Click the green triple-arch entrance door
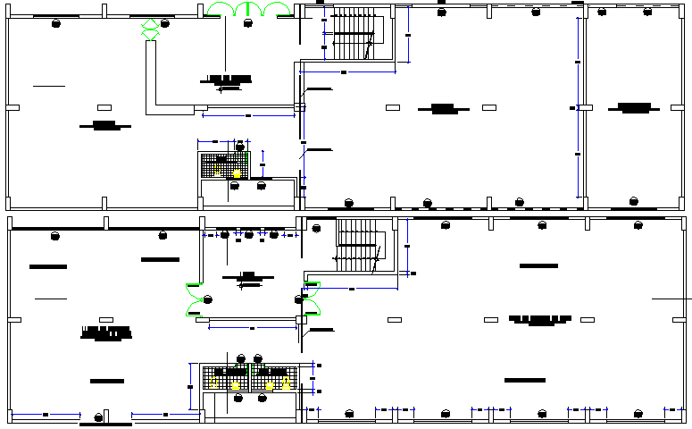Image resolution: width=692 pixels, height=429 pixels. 248,10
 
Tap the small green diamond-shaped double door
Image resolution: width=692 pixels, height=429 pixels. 151,28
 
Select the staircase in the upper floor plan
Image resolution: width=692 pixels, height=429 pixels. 352,34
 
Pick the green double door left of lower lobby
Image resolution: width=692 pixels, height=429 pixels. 194,299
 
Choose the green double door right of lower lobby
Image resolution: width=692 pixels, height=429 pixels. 312,299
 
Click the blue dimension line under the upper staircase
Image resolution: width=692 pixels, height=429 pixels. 348,72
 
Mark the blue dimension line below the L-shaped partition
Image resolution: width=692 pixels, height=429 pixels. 248,115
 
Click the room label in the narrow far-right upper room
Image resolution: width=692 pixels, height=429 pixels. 633,107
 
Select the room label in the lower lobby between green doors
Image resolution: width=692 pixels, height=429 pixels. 248,276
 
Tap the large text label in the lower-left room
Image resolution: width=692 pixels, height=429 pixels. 106,333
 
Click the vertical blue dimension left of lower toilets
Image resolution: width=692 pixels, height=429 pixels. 190,386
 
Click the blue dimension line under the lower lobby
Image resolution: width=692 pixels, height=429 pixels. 252,328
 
